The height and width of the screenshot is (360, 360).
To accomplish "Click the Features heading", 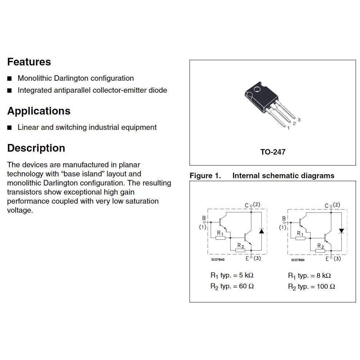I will [x=29, y=62].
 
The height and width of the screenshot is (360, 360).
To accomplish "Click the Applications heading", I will [x=39, y=111].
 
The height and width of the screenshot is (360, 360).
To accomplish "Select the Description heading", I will [x=36, y=148].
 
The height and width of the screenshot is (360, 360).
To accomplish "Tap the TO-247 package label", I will [x=273, y=152].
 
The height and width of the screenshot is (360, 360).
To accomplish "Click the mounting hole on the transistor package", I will [x=257, y=89].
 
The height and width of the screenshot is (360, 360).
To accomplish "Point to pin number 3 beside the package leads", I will [x=299, y=120].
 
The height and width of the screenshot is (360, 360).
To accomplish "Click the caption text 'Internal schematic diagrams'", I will [x=283, y=176].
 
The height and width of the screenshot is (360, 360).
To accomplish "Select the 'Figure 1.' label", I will [x=205, y=176].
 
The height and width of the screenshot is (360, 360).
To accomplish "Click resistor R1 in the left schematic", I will [x=220, y=238].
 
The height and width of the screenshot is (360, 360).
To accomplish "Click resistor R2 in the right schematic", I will [x=320, y=251].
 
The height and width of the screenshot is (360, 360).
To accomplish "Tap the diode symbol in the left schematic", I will [x=261, y=231].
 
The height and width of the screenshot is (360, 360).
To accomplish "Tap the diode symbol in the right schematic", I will [x=341, y=231].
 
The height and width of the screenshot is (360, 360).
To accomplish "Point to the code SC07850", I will [x=297, y=260].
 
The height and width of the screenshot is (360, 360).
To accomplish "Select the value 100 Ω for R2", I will [x=326, y=287].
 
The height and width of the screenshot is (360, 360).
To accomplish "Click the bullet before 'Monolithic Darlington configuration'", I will [x=10, y=79].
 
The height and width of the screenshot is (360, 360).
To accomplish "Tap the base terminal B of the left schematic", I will [x=204, y=219].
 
